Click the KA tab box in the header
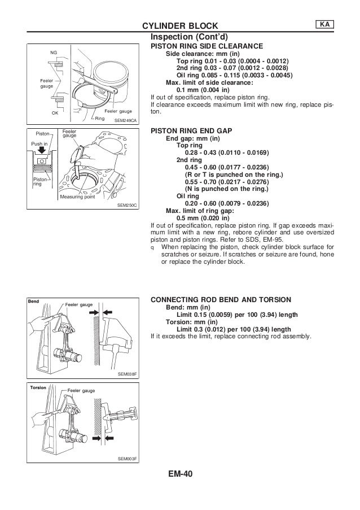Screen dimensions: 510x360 (x=324, y=24)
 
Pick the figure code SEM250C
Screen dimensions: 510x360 (x=128, y=207)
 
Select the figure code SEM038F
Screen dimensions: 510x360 (x=128, y=374)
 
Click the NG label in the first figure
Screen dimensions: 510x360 (x=54, y=53)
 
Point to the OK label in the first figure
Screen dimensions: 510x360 (x=55, y=111)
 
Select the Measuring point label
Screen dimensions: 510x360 (x=77, y=197)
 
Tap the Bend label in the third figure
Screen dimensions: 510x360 (x=34, y=302)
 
